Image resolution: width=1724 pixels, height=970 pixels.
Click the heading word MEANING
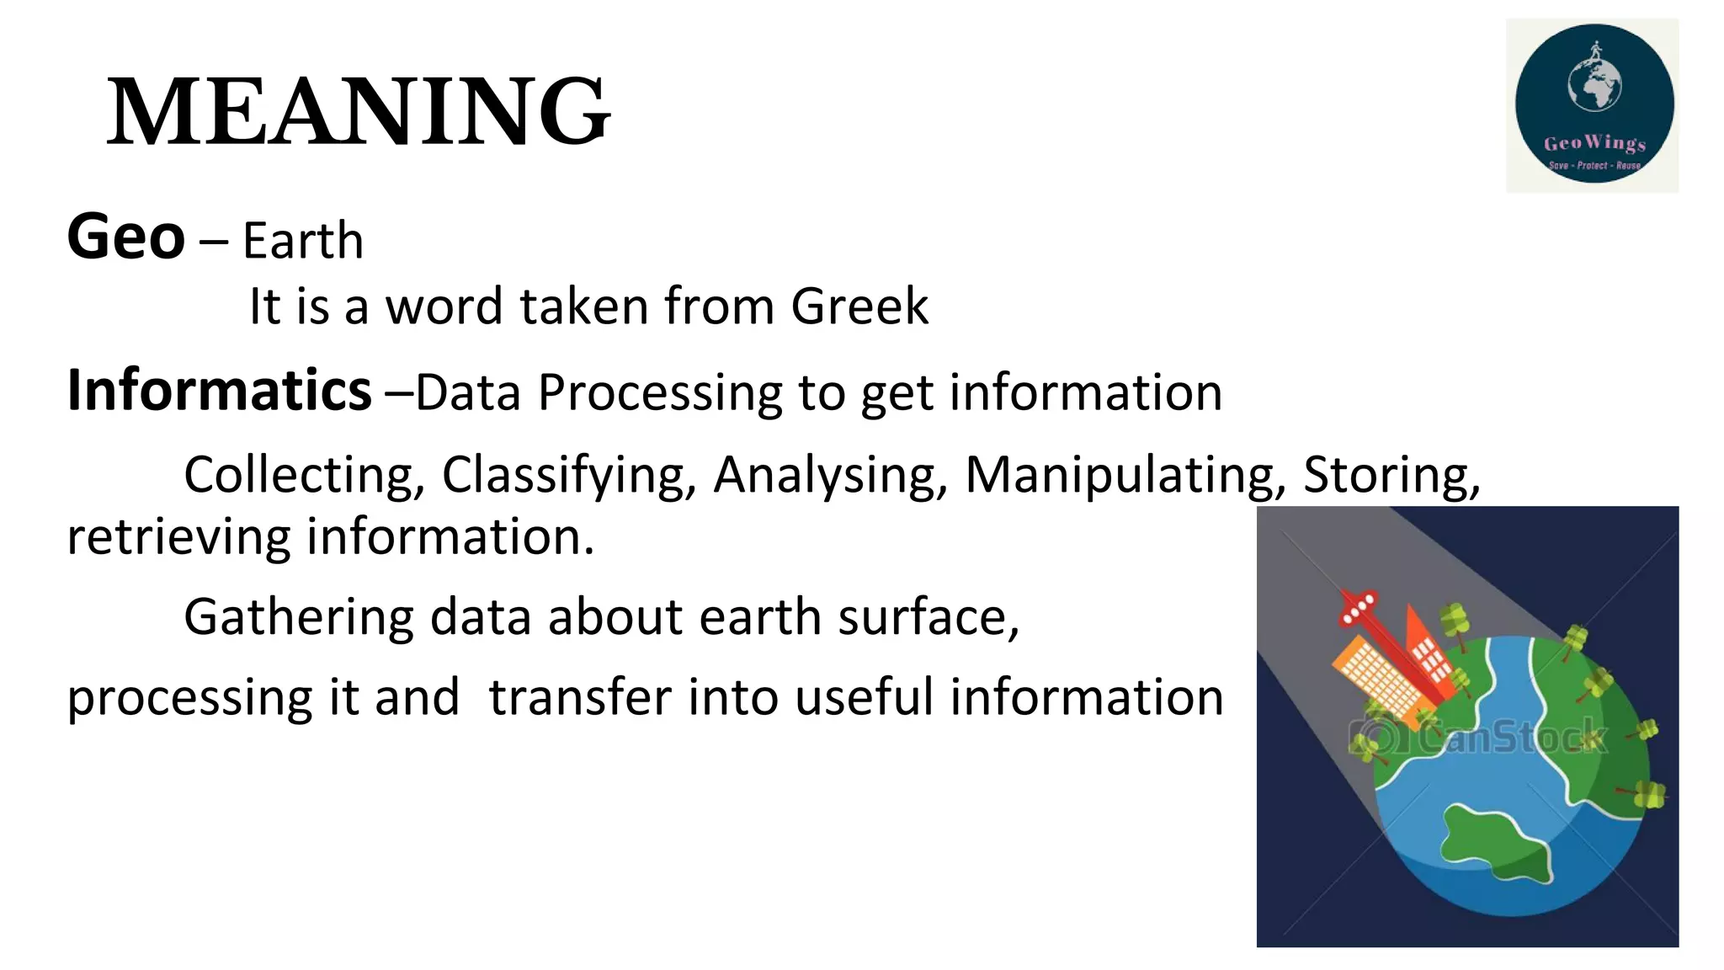point(359,112)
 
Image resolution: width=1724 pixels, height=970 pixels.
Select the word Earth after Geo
point(303,242)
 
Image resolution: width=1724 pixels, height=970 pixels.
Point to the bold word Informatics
point(219,391)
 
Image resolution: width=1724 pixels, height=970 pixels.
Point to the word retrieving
point(178,537)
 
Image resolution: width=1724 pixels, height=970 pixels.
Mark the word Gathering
point(299,618)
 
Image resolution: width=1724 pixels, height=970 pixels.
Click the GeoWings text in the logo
point(1594,143)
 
